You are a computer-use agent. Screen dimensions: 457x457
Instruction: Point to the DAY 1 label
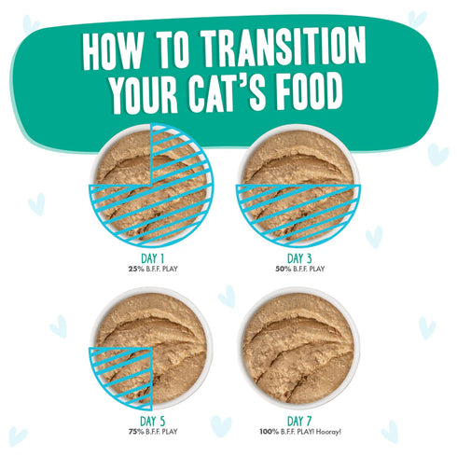(x=152, y=258)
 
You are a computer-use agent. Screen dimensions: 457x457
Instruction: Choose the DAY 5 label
(x=152, y=420)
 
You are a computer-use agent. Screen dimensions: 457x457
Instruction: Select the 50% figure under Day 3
(x=277, y=269)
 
